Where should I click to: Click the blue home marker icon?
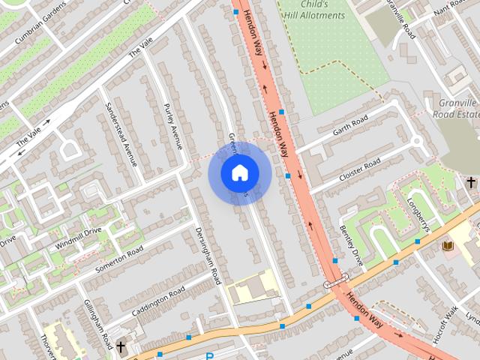(239, 173)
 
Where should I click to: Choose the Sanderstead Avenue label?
(121, 133)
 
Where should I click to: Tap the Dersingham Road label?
(208, 255)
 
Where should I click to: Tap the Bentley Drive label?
(351, 244)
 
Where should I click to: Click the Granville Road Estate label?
(455, 108)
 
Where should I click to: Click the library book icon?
(448, 246)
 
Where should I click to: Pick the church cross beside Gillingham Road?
(121, 346)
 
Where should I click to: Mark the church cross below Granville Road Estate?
(470, 182)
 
